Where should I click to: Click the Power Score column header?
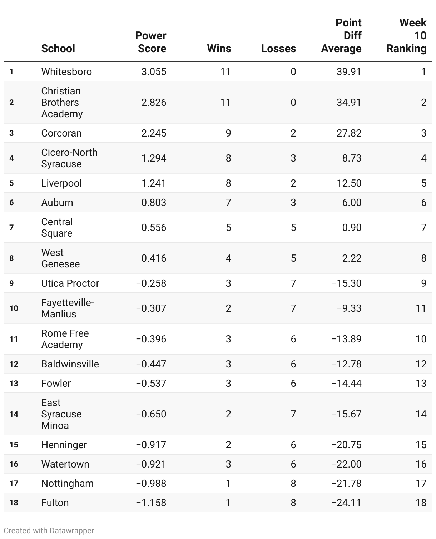click(150, 42)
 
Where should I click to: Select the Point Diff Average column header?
click(341, 36)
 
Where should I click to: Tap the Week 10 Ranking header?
click(407, 36)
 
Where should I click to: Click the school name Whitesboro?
click(66, 71)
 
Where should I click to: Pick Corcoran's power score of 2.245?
click(154, 133)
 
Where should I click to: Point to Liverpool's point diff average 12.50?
click(349, 183)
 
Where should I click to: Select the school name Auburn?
click(57, 202)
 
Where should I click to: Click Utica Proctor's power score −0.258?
click(151, 283)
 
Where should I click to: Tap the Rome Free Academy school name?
click(65, 339)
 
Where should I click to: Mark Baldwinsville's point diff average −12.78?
click(346, 364)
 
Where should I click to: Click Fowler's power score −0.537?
click(151, 383)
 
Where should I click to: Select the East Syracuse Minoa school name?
click(61, 414)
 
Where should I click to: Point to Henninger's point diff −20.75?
click(346, 445)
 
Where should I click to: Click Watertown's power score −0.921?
click(151, 464)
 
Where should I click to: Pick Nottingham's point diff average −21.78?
click(346, 483)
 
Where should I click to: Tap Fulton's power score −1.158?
click(151, 503)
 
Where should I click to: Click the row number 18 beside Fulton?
click(14, 503)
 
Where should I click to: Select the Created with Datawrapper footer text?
click(49, 530)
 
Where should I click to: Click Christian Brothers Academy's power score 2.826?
click(154, 102)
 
